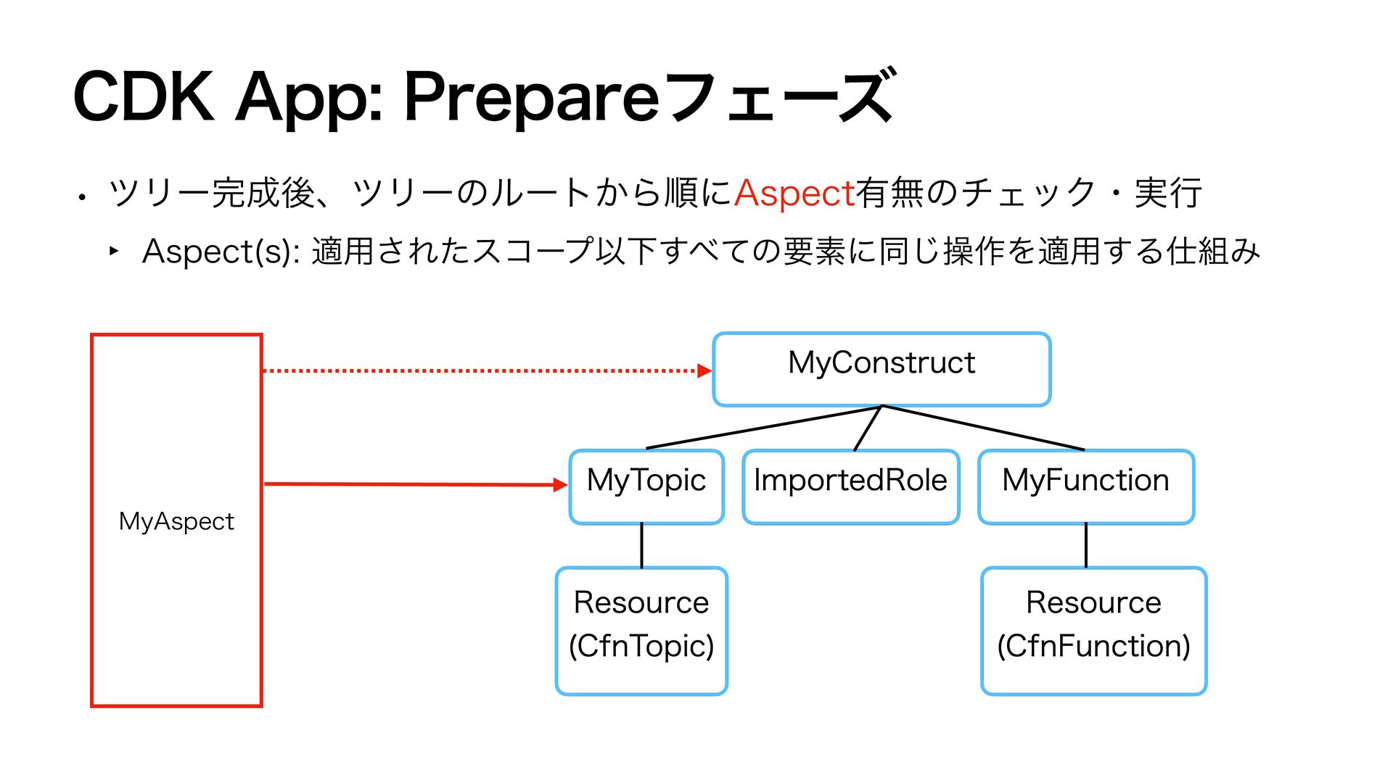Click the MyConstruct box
882,369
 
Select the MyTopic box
646,486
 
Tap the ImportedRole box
851,486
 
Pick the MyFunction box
1086,486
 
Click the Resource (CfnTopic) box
641,631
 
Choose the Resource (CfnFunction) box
1093,631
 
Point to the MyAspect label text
176,522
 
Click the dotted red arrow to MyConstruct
487,370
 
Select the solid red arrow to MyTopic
416,484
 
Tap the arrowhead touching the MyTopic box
561,485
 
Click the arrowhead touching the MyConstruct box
704,370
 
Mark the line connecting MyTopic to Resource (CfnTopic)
641,545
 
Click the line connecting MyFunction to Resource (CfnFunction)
1086,545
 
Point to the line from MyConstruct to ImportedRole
868,428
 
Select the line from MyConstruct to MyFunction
983,428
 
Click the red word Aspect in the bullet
794,194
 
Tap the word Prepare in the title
530,97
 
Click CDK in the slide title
144,96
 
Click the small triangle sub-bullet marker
114,251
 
